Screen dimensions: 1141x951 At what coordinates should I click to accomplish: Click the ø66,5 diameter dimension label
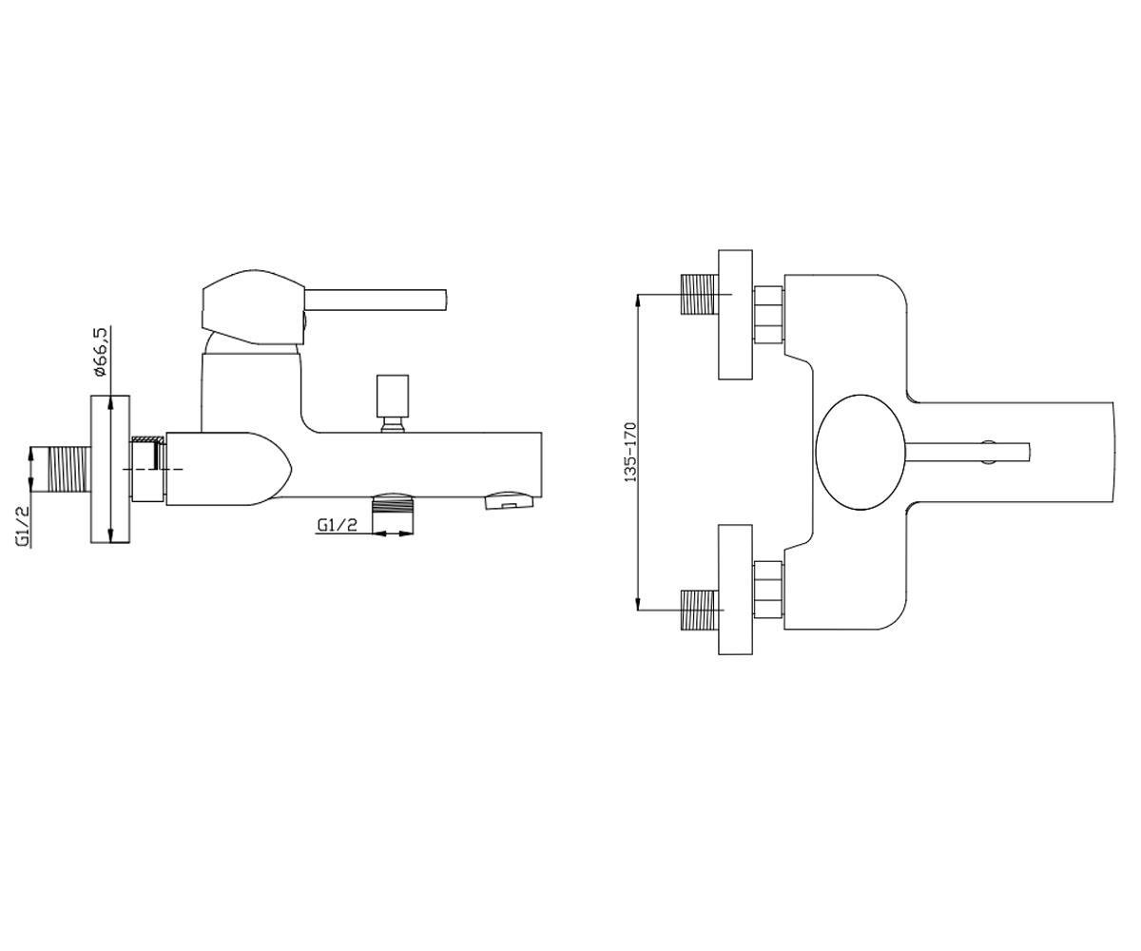point(101,353)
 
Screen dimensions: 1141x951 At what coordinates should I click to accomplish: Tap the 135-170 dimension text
point(631,452)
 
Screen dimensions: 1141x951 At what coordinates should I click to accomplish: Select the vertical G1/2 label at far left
point(23,526)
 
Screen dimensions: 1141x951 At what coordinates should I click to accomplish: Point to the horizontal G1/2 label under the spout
point(337,525)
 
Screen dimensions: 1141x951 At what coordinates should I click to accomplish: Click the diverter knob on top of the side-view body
point(393,403)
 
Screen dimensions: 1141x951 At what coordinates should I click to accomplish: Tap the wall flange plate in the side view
point(110,469)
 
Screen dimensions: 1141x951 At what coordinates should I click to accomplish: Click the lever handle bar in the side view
point(375,301)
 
